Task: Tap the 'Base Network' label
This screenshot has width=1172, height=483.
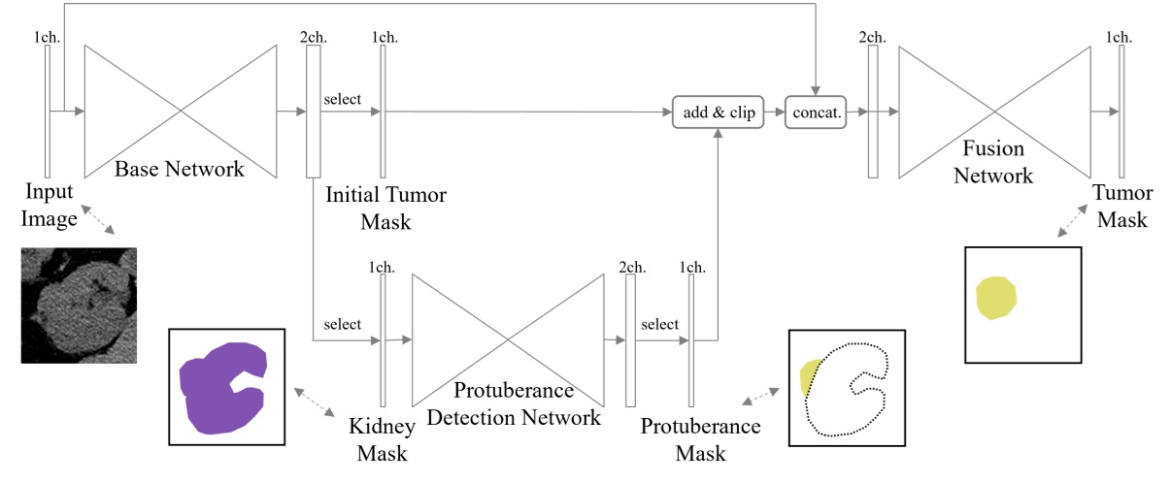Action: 180,169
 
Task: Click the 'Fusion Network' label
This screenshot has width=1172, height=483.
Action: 993,163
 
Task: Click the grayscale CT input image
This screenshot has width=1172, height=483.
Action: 79,305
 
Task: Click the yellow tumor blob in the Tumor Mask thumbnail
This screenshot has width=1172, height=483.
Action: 997,295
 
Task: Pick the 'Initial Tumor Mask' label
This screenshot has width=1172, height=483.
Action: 386,208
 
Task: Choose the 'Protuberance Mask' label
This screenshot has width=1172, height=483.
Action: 700,439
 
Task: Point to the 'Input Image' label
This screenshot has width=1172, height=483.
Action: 50,205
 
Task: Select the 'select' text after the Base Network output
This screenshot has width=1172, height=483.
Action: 342,99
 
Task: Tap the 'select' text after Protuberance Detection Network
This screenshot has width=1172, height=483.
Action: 659,324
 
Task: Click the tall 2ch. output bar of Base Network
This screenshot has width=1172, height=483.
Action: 313,112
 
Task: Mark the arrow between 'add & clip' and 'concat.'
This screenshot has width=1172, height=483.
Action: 773,113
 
